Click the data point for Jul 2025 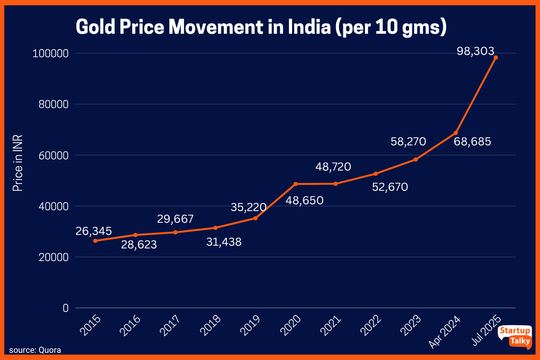point(495,58)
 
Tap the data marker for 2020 point(296,184)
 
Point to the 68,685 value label point(472,142)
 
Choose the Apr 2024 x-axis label point(445,332)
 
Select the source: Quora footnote point(35,350)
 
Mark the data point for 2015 point(95,241)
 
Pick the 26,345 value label point(94,231)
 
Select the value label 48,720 point(333,167)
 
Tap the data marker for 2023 point(416,159)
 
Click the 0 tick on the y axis point(65,308)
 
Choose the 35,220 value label point(249,207)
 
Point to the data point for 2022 point(376,174)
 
